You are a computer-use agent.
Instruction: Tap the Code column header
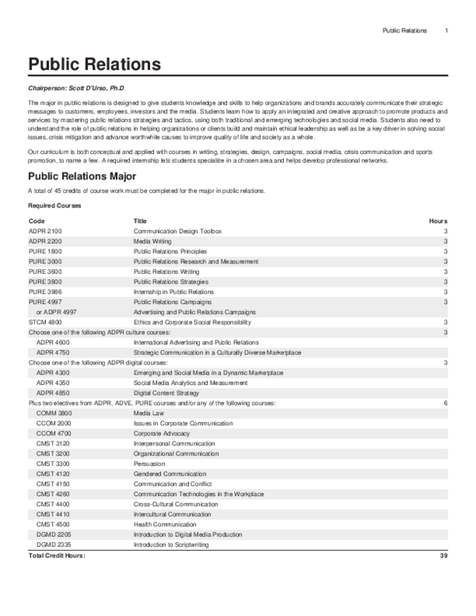pyautogui.click(x=36, y=221)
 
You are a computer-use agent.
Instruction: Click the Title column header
pyautogui.click(x=140, y=221)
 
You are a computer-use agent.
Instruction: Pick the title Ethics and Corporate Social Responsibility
pyautogui.click(x=187, y=322)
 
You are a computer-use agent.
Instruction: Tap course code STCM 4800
pyautogui.click(x=45, y=322)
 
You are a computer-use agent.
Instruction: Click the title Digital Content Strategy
pyautogui.click(x=167, y=393)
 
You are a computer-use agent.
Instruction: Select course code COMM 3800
pyautogui.click(x=54, y=414)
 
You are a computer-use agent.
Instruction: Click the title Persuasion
pyautogui.click(x=150, y=484)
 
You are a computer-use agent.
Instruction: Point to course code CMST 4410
pyautogui.click(x=54, y=514)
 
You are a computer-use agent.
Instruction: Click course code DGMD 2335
pyautogui.click(x=54, y=545)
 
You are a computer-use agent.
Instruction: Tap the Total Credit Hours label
pyautogui.click(x=56, y=556)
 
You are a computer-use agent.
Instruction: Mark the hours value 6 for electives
pyautogui.click(x=446, y=403)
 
